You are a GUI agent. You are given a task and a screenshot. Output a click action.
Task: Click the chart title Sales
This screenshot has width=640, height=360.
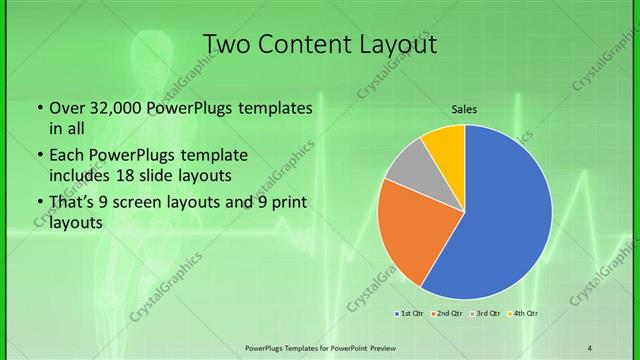point(464,108)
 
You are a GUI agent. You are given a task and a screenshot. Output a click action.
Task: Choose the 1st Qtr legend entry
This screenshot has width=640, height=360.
point(410,314)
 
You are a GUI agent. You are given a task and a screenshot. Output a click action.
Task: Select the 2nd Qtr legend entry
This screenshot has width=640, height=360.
point(447,314)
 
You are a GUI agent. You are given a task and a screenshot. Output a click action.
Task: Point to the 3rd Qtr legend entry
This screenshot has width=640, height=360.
point(486,314)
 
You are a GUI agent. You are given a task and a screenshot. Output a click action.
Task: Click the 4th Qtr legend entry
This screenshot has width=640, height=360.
point(524,314)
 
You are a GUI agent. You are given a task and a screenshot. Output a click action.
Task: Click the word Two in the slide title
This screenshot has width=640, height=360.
point(228,45)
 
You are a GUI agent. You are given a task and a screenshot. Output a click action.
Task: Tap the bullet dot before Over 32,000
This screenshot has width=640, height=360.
point(38,108)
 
